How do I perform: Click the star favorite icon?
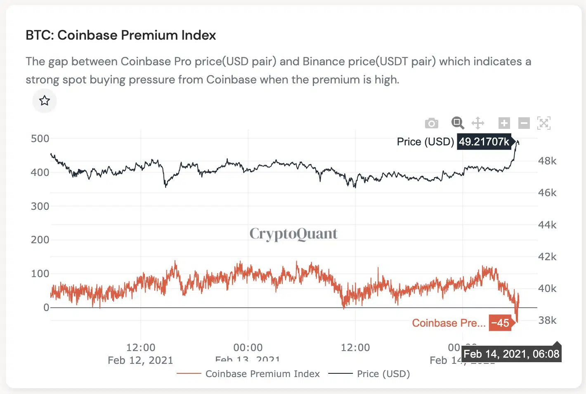(x=45, y=101)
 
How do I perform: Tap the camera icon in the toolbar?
(x=431, y=123)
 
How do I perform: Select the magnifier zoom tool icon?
(x=458, y=123)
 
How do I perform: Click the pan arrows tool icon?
(x=478, y=123)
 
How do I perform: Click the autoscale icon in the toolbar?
(x=544, y=123)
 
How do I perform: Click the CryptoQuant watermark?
(x=293, y=234)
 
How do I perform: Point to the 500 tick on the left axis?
(x=40, y=139)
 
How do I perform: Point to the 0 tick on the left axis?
(x=46, y=307)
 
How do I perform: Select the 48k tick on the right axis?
(x=547, y=161)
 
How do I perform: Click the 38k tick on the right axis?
(x=547, y=320)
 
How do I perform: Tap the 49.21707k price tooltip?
(x=484, y=142)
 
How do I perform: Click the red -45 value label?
(x=500, y=323)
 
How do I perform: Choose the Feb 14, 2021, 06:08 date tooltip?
(x=511, y=354)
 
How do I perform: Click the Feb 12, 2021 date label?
(x=140, y=360)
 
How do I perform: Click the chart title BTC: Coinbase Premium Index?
(x=121, y=35)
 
